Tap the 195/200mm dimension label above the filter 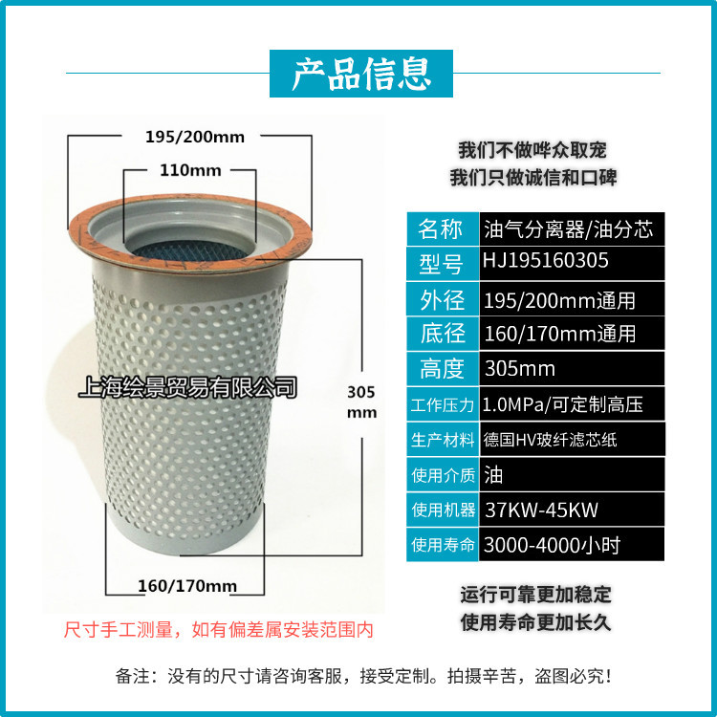tap(194, 137)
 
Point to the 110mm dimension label tap(189, 170)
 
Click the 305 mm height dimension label tap(361, 402)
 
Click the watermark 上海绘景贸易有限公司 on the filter tap(187, 387)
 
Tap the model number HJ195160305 tap(547, 260)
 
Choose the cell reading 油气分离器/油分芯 tap(569, 229)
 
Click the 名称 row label tap(441, 229)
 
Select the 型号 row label tap(441, 263)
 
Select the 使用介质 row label tap(443, 474)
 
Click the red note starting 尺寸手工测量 tap(217, 630)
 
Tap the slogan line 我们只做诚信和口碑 tap(532, 178)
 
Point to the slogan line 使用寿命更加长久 tap(535, 622)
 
